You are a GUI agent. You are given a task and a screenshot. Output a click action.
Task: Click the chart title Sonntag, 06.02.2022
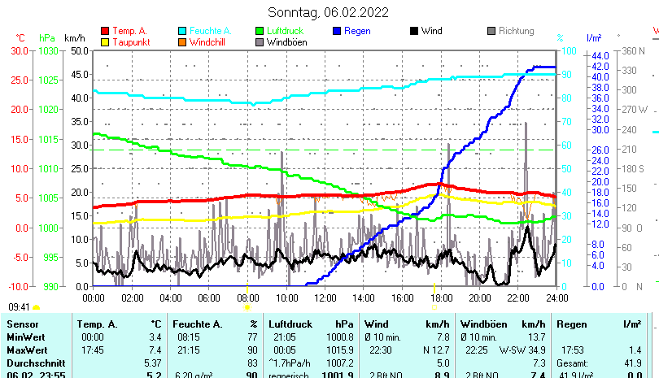point(328,12)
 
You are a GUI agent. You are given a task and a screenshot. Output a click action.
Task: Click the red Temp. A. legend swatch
point(104,31)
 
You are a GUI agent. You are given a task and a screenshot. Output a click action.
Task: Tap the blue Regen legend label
point(357,31)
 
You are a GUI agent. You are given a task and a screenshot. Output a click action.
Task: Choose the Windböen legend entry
point(286,41)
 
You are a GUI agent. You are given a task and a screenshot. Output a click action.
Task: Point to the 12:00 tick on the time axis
point(325,298)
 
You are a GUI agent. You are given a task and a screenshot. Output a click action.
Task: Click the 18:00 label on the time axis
point(441,298)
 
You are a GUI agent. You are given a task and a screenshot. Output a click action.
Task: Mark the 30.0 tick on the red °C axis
point(20,50)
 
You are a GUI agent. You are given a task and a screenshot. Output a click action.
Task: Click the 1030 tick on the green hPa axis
point(48,50)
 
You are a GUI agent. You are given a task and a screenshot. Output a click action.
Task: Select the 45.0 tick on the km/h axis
point(78,74)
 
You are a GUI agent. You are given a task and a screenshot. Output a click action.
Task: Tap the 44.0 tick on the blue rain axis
point(600,55)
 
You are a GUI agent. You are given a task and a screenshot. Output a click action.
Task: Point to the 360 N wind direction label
point(634,50)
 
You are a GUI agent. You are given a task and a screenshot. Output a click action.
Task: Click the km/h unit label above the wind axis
point(74,38)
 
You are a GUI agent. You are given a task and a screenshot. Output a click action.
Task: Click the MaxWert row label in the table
point(25,350)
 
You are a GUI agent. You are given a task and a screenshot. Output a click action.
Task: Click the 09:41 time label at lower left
point(20,307)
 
